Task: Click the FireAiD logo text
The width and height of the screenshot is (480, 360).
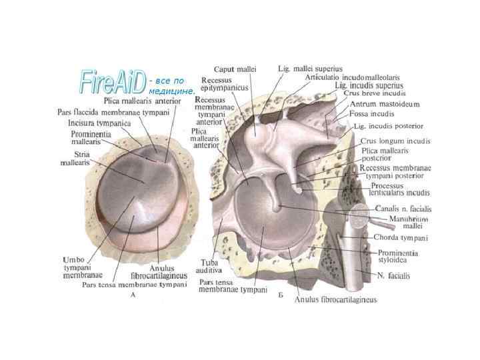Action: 112,81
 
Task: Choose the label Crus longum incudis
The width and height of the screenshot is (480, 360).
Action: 395,141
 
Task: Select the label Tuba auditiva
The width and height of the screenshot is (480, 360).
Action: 209,266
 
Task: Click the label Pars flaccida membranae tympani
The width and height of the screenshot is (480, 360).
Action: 113,112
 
